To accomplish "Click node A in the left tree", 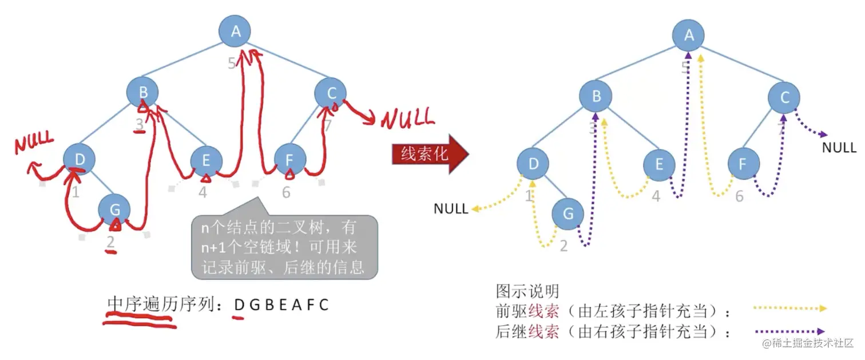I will tap(236, 32).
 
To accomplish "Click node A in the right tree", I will tap(689, 35).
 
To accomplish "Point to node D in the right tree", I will tap(534, 164).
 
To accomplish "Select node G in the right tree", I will tap(568, 214).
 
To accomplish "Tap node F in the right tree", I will tap(743, 164).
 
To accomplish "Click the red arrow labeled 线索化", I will tap(430, 154).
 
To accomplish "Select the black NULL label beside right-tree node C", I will tap(839, 147).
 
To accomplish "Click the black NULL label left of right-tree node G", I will tap(451, 208).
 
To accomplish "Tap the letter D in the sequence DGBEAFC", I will tap(239, 305).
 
